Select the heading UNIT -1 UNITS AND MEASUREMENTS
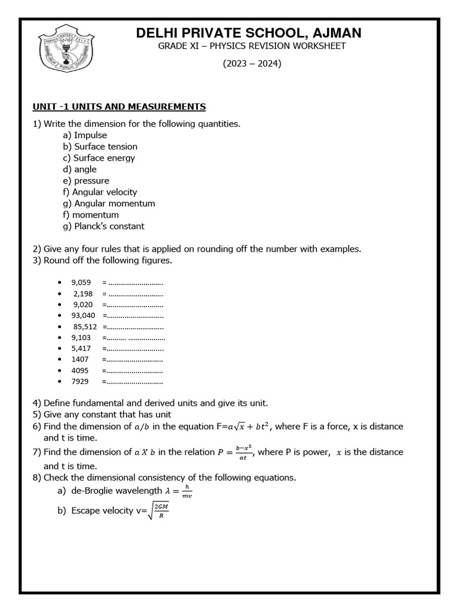click(119, 107)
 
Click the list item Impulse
click(90, 135)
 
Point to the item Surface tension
click(105, 146)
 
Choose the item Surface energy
click(104, 158)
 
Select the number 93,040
click(83, 316)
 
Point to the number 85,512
click(85, 327)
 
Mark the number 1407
click(79, 359)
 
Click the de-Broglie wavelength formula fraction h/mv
click(186, 491)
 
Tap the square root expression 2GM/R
click(161, 511)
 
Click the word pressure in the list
click(91, 180)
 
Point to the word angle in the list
click(85, 169)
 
